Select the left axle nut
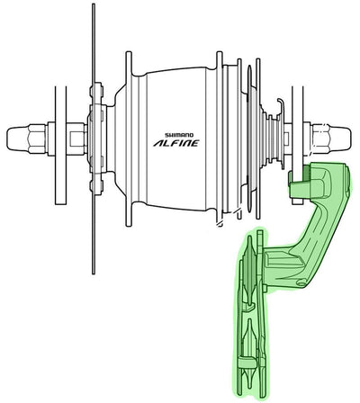34,138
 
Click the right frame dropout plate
290,135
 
